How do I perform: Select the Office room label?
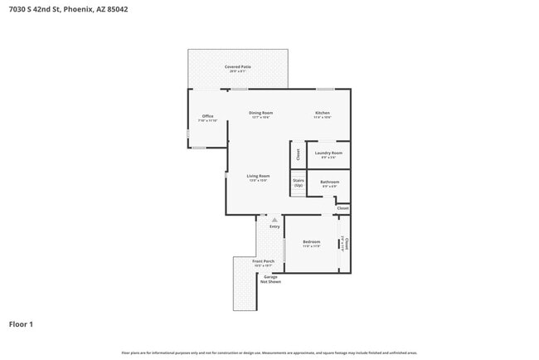pyautogui.click(x=207, y=117)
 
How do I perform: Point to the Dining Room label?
pyautogui.click(x=261, y=114)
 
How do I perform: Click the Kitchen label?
pyautogui.click(x=322, y=114)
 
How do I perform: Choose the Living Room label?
pyautogui.click(x=258, y=177)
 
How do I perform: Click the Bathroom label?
pyautogui.click(x=329, y=182)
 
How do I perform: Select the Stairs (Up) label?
pyautogui.click(x=299, y=182)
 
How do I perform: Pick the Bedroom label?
pyautogui.click(x=311, y=243)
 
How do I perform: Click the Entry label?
pyautogui.click(x=274, y=226)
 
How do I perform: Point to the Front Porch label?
pyautogui.click(x=264, y=262)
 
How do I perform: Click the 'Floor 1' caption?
pyautogui.click(x=21, y=324)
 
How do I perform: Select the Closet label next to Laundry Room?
pyautogui.click(x=299, y=154)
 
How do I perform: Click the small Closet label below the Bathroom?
pyautogui.click(x=342, y=208)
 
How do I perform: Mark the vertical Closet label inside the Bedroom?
pyautogui.click(x=345, y=244)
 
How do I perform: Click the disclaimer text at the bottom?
pyautogui.click(x=269, y=353)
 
